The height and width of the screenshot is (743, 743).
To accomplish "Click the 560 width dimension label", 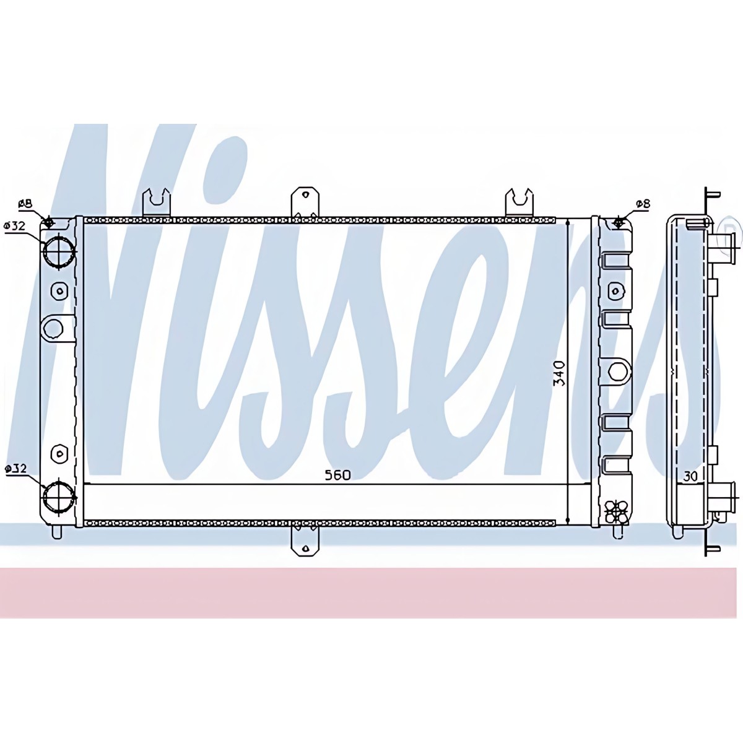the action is tap(338, 475).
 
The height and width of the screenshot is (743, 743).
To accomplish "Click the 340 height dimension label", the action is tap(559, 373).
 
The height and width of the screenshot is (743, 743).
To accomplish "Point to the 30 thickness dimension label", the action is tap(690, 477).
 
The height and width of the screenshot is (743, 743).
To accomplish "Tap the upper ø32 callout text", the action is tap(15, 225).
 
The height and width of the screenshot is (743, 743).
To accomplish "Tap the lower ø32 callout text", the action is tap(15, 469).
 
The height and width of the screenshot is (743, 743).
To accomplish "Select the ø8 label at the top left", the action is tap(26, 204).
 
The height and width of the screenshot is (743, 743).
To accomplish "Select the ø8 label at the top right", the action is tap(643, 204).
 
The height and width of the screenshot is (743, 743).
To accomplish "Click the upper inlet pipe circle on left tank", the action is tap(58, 251).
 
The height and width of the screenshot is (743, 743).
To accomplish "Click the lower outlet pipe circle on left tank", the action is tap(58, 497).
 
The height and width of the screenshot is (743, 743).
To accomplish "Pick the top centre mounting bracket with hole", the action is tap(305, 202).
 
